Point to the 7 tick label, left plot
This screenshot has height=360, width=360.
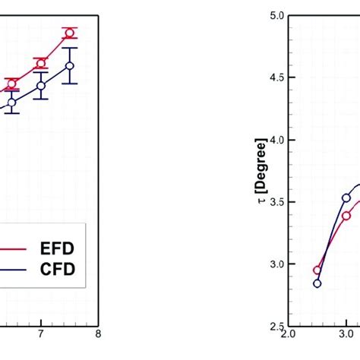tap(40, 333)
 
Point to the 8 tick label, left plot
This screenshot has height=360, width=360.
tap(98, 333)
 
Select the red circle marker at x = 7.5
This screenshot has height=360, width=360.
tap(69, 33)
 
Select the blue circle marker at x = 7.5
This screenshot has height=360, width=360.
tap(69, 66)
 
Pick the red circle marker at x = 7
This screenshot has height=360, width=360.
tap(40, 64)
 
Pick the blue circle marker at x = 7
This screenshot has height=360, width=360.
tap(40, 85)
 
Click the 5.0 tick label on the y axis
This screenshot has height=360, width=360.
tap(276, 16)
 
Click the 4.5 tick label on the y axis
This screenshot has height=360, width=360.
tap(276, 78)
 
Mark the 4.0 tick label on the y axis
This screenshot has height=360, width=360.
tap(276, 141)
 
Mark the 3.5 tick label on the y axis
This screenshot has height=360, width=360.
tap(276, 203)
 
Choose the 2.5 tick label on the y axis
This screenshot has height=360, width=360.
tap(276, 327)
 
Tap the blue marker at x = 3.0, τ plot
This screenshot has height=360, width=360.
tap(346, 197)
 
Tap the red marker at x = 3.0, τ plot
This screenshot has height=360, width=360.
tap(346, 216)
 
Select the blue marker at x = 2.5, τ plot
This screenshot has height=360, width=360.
tap(317, 283)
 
